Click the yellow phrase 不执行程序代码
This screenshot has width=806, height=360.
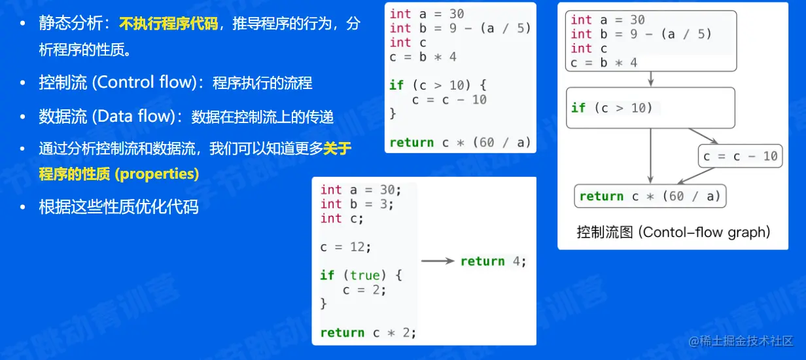point(169,24)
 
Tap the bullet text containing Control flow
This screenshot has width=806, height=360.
point(175,83)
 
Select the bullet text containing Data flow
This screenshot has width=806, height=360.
point(186,117)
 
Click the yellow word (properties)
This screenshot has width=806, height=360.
point(156,175)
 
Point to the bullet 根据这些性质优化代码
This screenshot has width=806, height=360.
point(118,207)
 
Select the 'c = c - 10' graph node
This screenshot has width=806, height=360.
point(740,156)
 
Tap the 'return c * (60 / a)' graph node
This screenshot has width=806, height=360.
point(650,196)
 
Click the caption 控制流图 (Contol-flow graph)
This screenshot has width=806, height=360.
point(673,232)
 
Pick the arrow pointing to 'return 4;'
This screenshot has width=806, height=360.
point(437,261)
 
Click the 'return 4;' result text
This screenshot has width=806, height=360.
point(493,261)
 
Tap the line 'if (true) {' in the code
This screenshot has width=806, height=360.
point(361,276)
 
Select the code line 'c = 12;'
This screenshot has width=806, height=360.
point(345,247)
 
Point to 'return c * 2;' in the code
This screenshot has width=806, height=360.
point(368,333)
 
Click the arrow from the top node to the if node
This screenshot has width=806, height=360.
point(651,79)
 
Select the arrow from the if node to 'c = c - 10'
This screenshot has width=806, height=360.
point(703,136)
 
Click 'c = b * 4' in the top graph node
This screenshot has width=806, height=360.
point(603,63)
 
